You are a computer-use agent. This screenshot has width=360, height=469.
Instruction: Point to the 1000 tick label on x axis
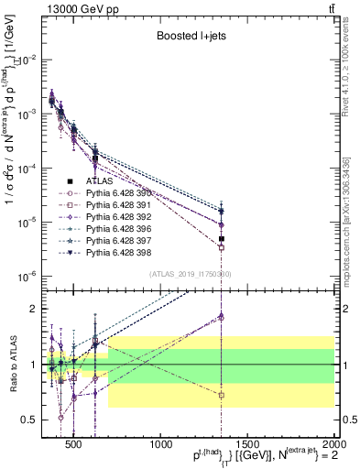[x=162, y=444]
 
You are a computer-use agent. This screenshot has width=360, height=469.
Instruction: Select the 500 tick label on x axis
[x=75, y=444]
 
